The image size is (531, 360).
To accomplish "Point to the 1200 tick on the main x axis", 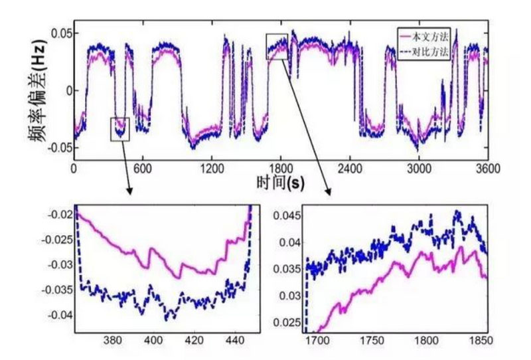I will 211,168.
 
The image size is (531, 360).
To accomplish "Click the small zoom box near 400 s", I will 119,128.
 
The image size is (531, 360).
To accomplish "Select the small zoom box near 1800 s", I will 277,46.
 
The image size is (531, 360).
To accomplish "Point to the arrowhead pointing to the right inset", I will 328,193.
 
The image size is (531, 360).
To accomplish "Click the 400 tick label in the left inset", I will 153,341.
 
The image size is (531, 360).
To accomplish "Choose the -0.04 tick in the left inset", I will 60,314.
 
